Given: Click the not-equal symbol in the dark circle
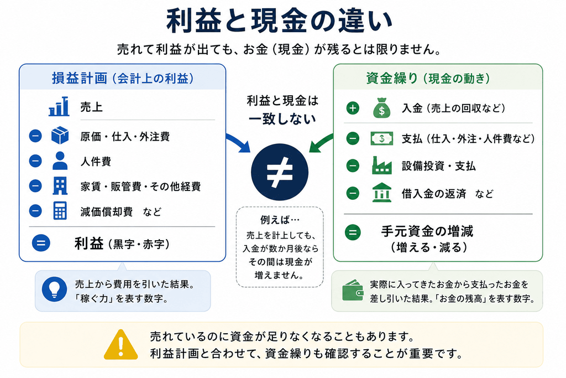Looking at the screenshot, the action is (280, 172).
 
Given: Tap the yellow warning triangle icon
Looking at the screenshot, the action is (120, 345).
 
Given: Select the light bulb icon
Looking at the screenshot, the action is (55, 289).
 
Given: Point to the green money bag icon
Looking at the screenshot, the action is (381, 108).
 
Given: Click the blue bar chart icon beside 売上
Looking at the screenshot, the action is (59, 106).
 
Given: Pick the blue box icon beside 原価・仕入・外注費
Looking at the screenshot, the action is (60, 136).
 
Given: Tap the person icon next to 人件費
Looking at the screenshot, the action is (60, 161).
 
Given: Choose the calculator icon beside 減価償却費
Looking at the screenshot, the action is (60, 211).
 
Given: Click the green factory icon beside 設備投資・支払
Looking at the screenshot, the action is (382, 165).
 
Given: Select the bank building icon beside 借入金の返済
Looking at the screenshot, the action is (382, 193).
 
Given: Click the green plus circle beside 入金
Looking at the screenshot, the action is (353, 108).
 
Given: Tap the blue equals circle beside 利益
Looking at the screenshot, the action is (41, 243).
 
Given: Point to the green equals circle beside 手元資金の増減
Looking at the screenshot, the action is (353, 232).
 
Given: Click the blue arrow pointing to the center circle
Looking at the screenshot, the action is (239, 142).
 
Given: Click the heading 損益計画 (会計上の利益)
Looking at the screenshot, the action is (123, 78).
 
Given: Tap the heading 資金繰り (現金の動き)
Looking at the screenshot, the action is (428, 78).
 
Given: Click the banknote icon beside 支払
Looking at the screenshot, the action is (382, 138).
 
